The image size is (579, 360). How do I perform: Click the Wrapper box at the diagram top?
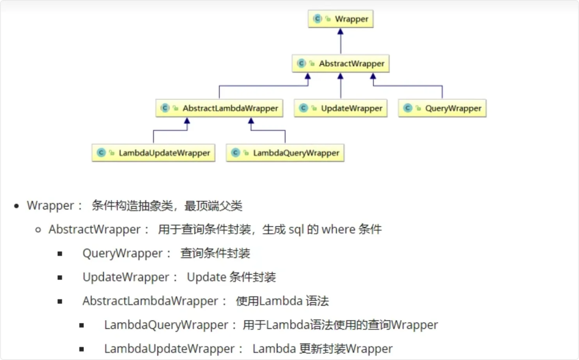[341, 19]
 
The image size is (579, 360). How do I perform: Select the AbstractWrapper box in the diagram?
[341, 63]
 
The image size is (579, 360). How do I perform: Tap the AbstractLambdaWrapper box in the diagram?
[219, 108]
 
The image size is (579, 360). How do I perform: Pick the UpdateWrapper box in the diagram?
[341, 108]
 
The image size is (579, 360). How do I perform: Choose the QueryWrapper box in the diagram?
[442, 108]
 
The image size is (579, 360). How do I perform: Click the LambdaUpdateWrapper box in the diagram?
[153, 153]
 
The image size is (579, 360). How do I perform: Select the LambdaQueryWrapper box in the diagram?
[285, 153]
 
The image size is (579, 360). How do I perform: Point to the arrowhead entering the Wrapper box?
[341, 32]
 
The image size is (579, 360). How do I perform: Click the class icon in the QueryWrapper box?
[408, 108]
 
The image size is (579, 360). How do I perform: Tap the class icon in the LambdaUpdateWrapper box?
[101, 153]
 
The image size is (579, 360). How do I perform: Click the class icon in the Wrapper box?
[318, 19]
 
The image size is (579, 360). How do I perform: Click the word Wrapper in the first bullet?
[50, 206]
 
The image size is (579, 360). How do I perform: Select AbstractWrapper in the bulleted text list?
[94, 230]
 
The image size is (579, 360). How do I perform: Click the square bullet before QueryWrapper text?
[60, 254]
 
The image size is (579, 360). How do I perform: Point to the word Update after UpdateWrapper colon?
[206, 277]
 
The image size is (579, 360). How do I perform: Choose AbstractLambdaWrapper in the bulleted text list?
[150, 301]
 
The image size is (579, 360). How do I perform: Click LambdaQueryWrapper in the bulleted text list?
[166, 325]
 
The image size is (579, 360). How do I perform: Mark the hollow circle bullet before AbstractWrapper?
[38, 230]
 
